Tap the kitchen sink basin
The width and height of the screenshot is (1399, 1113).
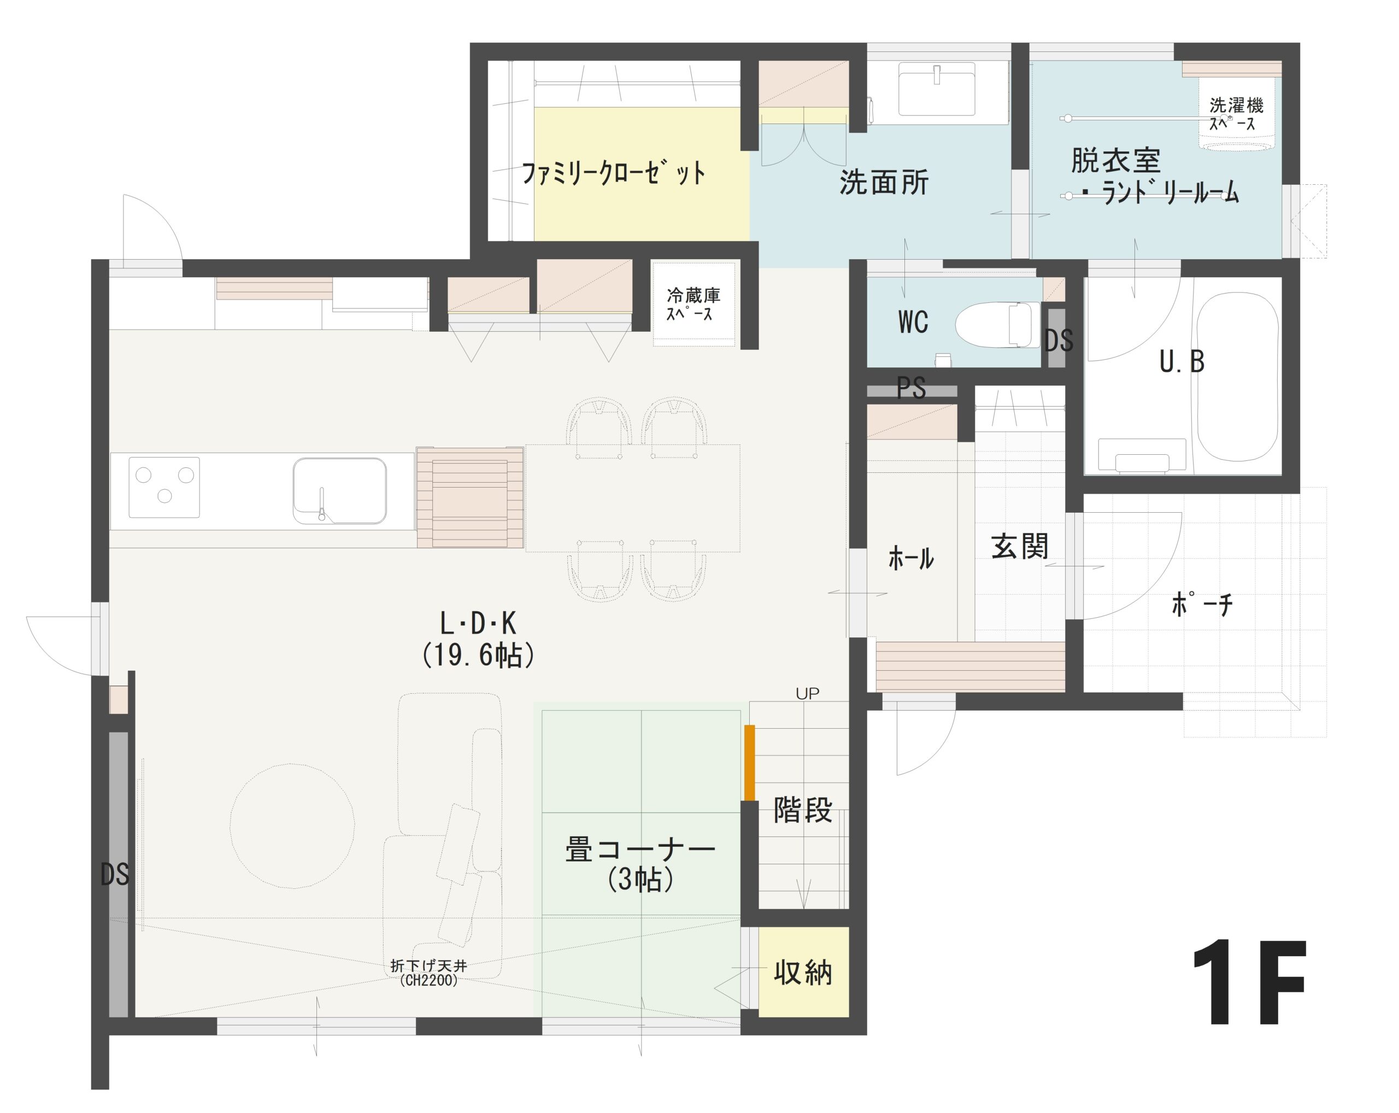[339, 490]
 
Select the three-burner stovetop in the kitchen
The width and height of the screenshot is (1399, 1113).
[163, 487]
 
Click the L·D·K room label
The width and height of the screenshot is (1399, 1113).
[478, 624]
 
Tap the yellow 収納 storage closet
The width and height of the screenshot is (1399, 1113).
[803, 972]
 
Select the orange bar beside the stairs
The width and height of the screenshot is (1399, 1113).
[749, 762]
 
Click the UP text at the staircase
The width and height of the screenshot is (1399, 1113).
[807, 694]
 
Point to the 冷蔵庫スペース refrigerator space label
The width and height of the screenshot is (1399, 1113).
[692, 304]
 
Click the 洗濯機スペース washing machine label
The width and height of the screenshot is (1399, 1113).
[1235, 114]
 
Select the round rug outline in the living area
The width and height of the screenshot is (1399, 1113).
[292, 825]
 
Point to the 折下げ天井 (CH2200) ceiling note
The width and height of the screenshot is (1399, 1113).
[428, 972]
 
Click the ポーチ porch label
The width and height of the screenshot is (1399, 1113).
[1202, 604]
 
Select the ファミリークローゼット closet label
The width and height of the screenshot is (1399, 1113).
[613, 173]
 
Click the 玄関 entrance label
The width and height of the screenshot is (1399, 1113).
[1019, 547]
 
